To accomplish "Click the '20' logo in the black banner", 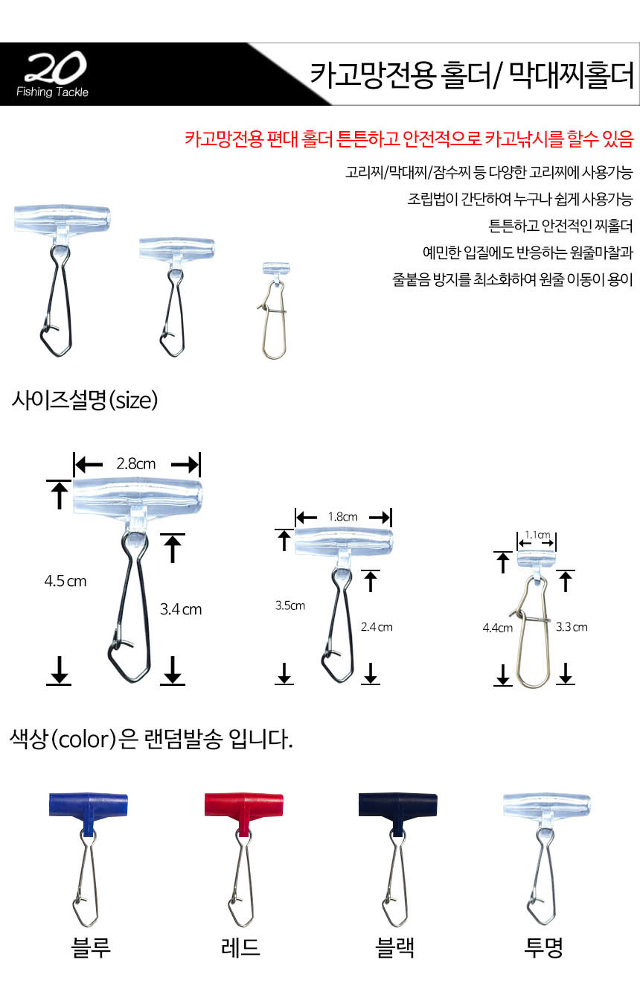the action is (x=55, y=67).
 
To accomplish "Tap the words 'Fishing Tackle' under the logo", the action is (x=52, y=92).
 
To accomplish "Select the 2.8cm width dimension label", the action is (x=136, y=464).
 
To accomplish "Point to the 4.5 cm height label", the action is (x=65, y=581).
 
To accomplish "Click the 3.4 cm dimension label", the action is (x=181, y=609).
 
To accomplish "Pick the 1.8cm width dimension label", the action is (x=342, y=516).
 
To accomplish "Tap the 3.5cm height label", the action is (x=290, y=605).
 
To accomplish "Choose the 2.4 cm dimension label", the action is (x=377, y=626).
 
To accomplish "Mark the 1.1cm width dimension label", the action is (x=537, y=535).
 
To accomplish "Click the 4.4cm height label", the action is (x=497, y=628).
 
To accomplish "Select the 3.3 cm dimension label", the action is (x=572, y=626).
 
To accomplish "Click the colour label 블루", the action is (x=90, y=948).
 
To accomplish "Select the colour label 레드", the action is (x=240, y=948).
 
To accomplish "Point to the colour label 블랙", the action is (x=394, y=948).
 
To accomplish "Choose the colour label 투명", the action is (x=543, y=948).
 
